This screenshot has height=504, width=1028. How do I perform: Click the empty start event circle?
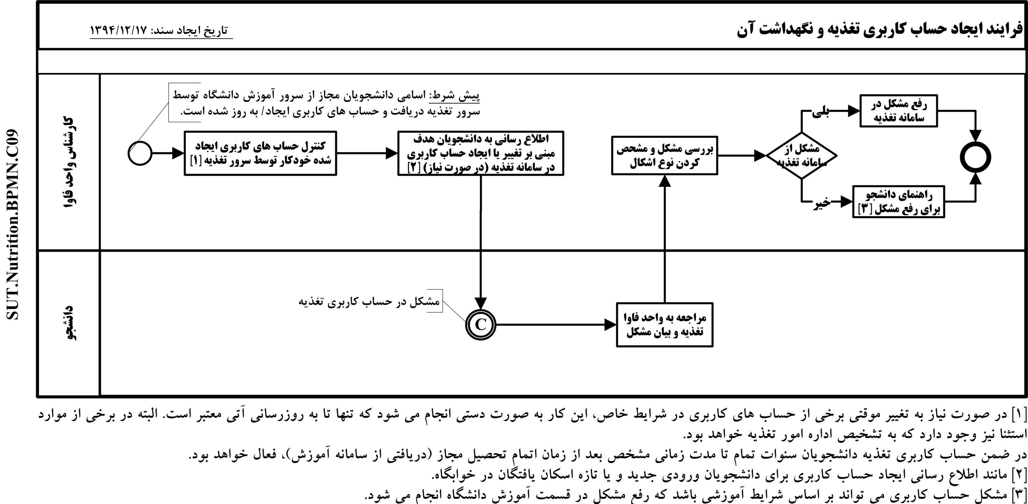click(140, 153)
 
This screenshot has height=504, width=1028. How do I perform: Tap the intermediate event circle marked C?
click(481, 325)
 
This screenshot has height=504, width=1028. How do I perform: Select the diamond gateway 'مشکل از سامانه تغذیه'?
click(802, 156)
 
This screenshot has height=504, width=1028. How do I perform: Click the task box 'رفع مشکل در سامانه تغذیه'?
click(898, 111)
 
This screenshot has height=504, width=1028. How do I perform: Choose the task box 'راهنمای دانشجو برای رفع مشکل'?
click(898, 201)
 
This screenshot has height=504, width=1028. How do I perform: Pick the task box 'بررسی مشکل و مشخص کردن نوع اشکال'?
click(664, 156)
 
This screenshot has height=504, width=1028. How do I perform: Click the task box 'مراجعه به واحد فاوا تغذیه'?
click(665, 325)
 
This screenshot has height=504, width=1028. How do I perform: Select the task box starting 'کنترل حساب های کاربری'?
click(260, 153)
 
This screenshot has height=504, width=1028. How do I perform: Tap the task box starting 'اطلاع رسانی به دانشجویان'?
click(481, 153)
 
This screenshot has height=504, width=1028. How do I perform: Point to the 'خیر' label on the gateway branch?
click(822, 204)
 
